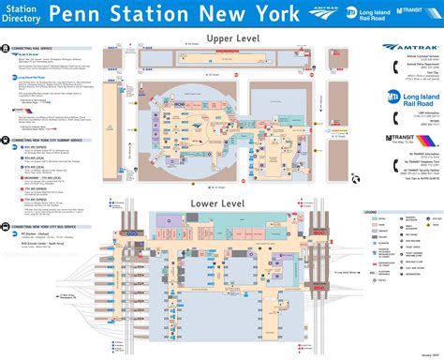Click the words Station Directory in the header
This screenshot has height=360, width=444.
point(22,14)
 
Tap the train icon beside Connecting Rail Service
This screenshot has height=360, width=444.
point(6,47)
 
